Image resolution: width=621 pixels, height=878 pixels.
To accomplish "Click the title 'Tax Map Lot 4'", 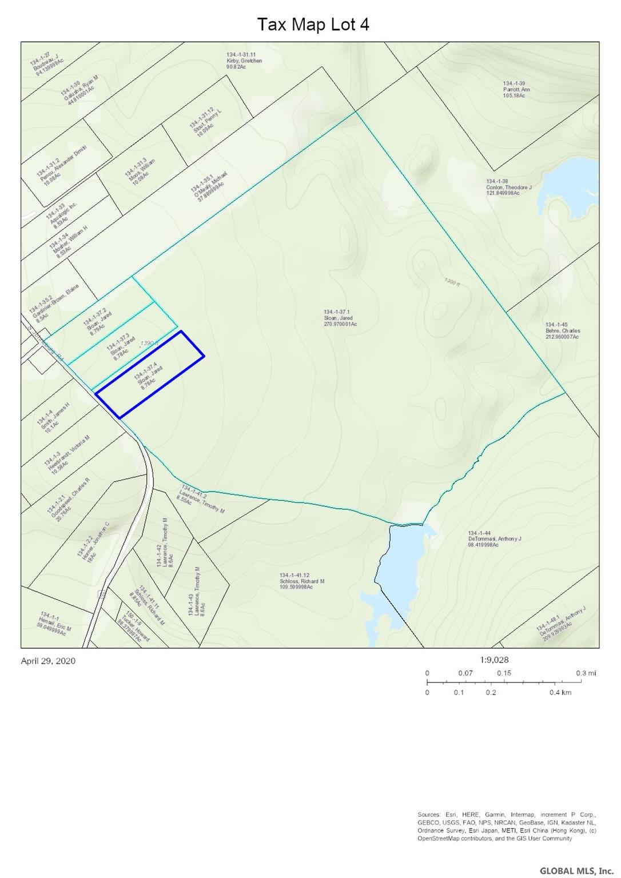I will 313,24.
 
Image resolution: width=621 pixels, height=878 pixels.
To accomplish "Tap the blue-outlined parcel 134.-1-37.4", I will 150,374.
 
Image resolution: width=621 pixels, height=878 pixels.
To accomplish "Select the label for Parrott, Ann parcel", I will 516,89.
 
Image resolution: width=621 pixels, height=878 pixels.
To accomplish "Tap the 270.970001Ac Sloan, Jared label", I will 340,318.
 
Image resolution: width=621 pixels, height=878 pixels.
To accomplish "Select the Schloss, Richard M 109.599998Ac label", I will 302,581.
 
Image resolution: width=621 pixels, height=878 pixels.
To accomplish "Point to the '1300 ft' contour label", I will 452,281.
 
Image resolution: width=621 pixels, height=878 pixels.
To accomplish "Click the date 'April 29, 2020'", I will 48,661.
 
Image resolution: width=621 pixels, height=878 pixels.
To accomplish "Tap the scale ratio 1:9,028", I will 495,659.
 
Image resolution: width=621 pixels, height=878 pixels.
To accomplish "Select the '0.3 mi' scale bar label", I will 586,673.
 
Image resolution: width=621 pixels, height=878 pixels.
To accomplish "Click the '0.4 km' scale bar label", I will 560,692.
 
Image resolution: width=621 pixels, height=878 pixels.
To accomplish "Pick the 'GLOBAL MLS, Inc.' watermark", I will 576,871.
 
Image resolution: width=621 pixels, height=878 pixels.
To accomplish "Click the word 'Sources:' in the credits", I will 429,815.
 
